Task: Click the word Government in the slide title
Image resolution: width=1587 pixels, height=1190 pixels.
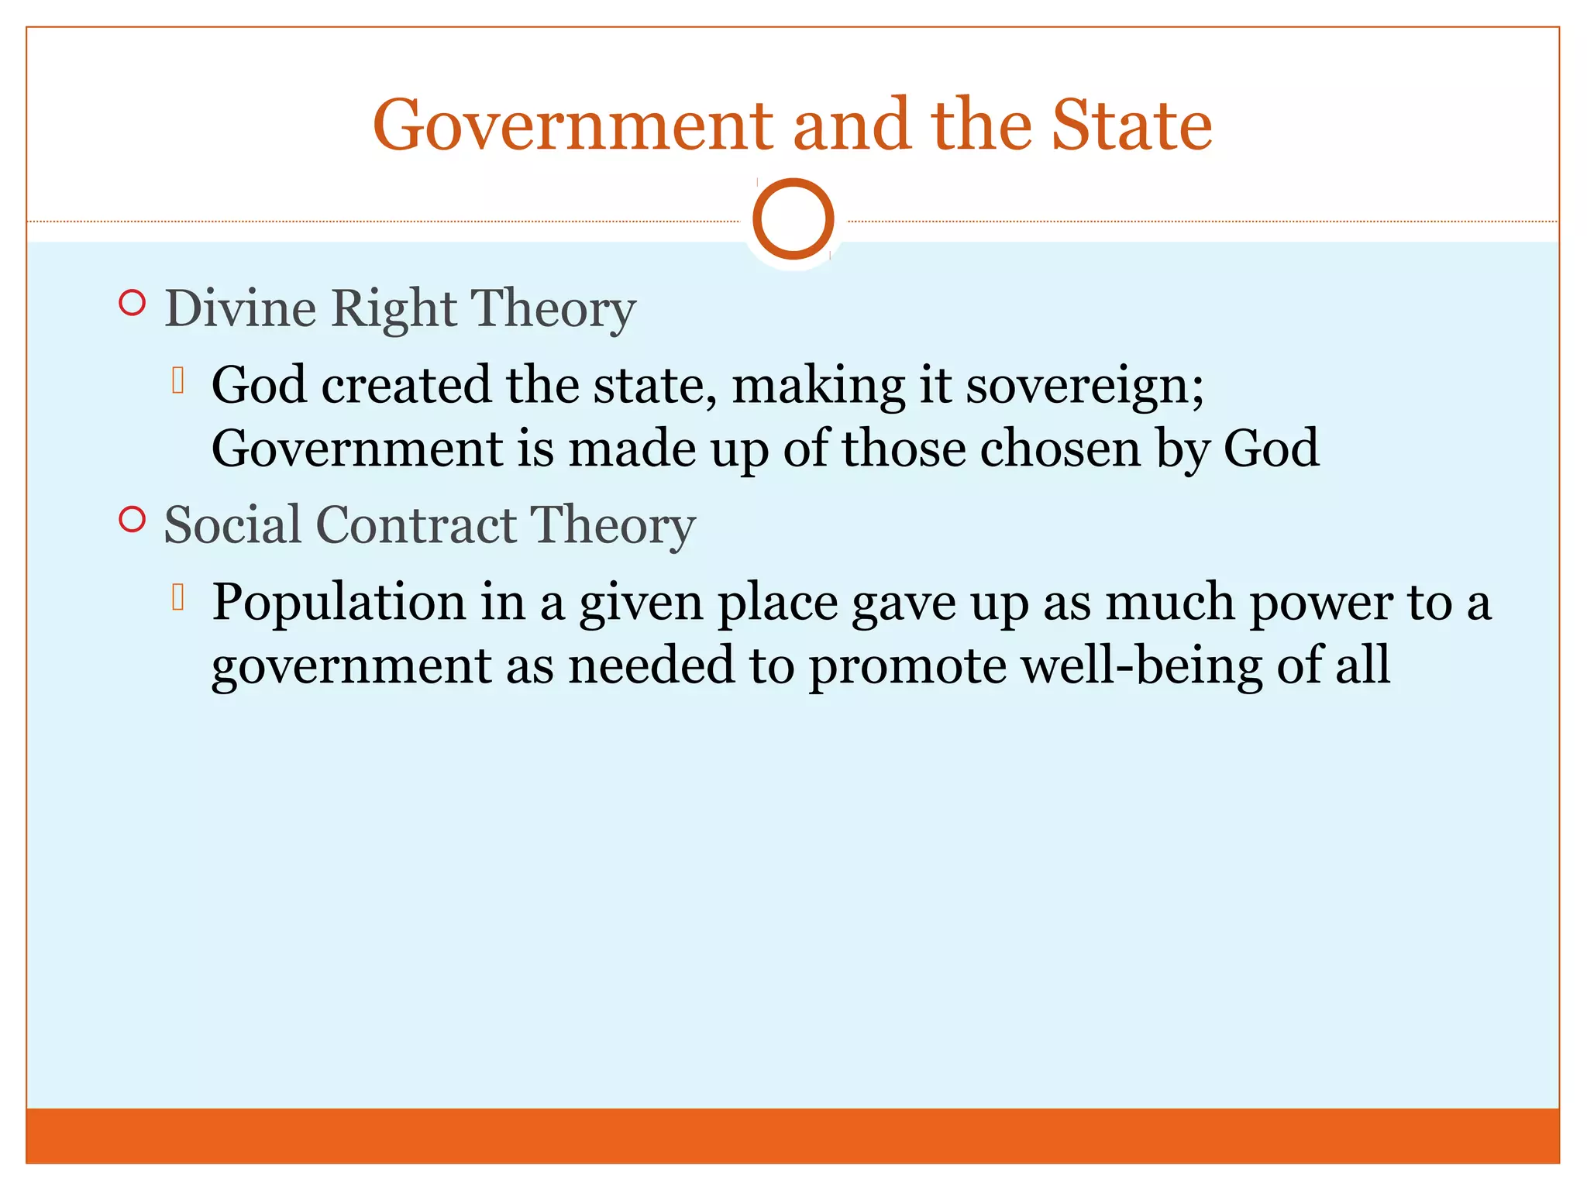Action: click(573, 126)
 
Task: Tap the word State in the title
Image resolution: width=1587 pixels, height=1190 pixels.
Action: click(1131, 126)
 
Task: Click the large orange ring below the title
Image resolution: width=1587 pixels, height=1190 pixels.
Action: click(793, 219)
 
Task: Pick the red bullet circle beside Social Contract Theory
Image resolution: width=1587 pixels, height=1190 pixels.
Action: click(133, 519)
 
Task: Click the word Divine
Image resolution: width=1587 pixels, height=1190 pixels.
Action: click(240, 308)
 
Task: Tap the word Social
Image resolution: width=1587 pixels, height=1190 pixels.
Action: click(232, 525)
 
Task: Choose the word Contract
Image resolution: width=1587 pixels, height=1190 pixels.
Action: click(416, 525)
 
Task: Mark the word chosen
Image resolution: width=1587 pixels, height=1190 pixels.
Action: click(1060, 449)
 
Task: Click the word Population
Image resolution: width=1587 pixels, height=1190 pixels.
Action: click(339, 603)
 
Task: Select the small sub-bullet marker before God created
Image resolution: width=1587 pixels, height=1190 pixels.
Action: click(178, 380)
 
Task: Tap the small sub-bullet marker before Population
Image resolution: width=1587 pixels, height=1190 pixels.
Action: click(178, 597)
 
